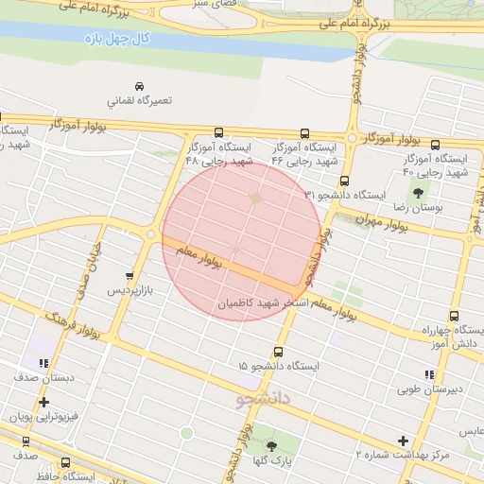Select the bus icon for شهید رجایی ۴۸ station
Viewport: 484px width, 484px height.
[219, 133]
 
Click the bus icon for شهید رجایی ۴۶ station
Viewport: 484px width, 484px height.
[304, 133]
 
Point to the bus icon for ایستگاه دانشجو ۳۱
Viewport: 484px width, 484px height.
[344, 180]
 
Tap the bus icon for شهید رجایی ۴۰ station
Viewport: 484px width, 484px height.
[435, 146]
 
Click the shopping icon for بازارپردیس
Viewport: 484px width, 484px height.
[130, 276]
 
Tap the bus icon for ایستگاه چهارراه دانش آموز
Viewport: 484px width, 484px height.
[454, 318]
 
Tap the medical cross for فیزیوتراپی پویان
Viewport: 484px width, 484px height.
[43, 403]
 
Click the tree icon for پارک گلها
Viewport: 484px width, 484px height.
[272, 446]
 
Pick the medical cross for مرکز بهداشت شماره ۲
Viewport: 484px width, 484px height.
[404, 441]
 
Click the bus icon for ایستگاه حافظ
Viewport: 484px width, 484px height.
[65, 462]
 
